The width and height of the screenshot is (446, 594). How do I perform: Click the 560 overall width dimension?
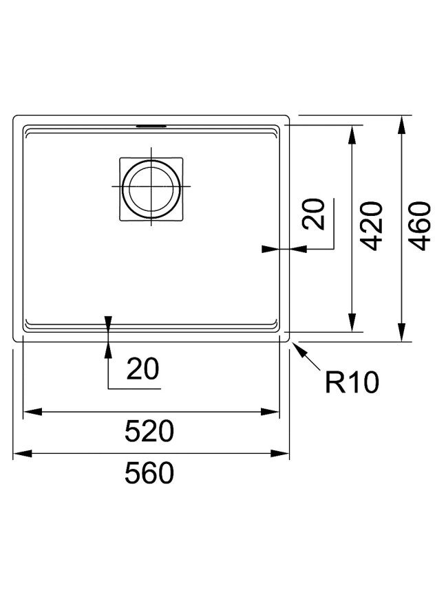pyautogui.click(x=149, y=473)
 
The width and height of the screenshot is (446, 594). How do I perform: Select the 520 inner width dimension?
pyautogui.click(x=149, y=431)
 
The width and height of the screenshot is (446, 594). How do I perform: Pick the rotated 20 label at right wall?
pyautogui.click(x=314, y=214)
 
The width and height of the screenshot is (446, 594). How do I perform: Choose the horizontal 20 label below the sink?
pyautogui.click(x=143, y=368)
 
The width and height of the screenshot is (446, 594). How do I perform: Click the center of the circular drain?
pyautogui.click(x=151, y=187)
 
